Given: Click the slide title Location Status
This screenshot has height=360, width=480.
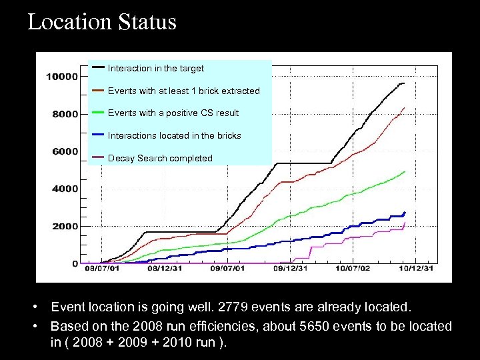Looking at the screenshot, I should (102, 22).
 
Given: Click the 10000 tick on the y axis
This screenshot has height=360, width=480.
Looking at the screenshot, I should (62, 77).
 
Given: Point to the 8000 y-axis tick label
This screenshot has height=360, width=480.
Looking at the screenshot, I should (65, 114).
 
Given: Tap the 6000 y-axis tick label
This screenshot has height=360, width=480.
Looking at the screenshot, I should (65, 151).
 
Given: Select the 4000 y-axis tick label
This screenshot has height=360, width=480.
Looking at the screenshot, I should (65, 189).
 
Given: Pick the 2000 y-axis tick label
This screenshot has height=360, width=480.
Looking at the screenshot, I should (65, 227).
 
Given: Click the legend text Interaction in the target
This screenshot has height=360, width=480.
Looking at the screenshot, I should (156, 68).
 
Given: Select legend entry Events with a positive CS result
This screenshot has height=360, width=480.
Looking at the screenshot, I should (173, 113).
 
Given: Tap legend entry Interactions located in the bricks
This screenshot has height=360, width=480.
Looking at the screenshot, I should (175, 135).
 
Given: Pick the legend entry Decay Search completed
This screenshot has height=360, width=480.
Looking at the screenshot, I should (160, 158).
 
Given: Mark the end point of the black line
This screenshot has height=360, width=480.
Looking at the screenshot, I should (404, 83).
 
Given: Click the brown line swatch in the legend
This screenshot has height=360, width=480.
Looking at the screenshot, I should (98, 90).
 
